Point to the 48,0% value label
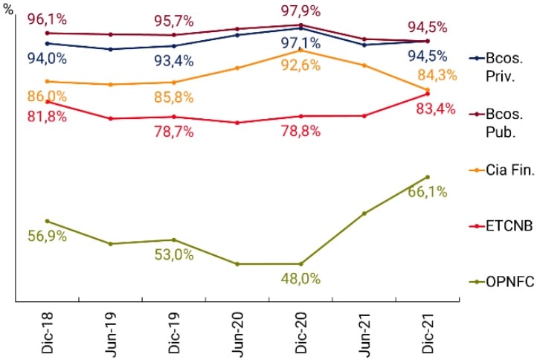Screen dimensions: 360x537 click(x=300, y=279)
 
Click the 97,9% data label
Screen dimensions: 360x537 click(x=300, y=10)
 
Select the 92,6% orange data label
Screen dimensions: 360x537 click(x=300, y=65)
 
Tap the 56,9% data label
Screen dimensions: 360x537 click(x=47, y=237)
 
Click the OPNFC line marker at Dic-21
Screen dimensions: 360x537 click(x=428, y=177)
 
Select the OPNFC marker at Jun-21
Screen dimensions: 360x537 click(x=364, y=213)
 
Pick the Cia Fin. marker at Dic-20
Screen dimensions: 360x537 click(x=300, y=50)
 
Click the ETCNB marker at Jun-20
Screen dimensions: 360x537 click(x=237, y=123)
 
